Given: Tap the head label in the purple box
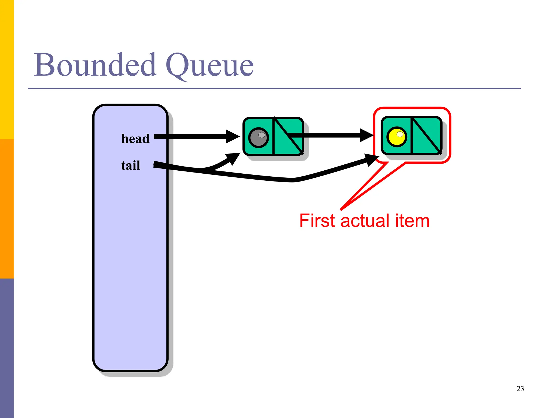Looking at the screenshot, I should [135, 139].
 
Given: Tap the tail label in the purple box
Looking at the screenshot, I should [131, 165].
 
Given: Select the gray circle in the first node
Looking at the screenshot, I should [259, 137].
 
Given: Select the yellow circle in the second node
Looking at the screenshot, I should [397, 137].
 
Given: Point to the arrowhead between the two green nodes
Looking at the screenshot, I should [366, 135].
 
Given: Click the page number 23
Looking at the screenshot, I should [520, 389].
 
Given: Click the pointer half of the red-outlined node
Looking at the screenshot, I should [426, 136].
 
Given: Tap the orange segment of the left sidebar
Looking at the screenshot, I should [7, 209].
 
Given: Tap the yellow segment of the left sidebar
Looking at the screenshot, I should [7, 69].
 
